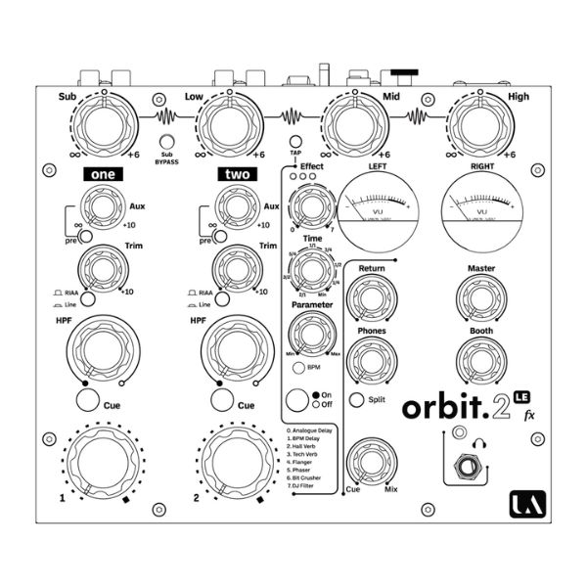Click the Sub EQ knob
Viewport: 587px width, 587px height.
coord(103,127)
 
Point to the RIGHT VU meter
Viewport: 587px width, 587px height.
coord(479,212)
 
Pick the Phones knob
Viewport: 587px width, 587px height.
coord(372,359)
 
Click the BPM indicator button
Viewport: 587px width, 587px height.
coord(297,367)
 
